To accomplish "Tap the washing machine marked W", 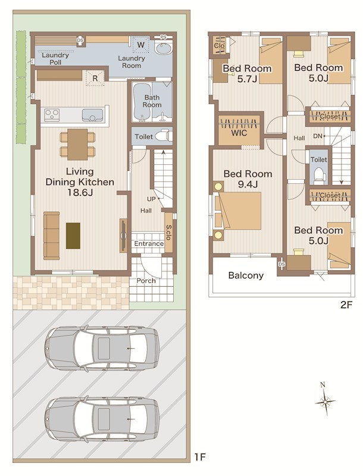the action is click(x=140, y=45).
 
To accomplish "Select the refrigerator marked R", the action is click(x=95, y=79).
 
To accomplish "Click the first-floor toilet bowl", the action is click(x=162, y=136).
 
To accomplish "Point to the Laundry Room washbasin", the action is click(x=163, y=48).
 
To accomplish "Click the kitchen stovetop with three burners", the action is click(x=52, y=115).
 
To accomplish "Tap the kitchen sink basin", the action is click(x=92, y=115).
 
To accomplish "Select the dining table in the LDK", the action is click(x=77, y=144).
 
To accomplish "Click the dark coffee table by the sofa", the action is click(x=73, y=236).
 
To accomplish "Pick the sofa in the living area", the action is click(x=52, y=236).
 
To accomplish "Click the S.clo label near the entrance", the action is click(x=169, y=232).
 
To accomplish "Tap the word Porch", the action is click(x=146, y=281).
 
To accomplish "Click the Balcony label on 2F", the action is click(x=246, y=275).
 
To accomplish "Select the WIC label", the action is click(x=239, y=133).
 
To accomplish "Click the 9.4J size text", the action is click(x=248, y=184).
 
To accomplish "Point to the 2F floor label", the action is click(x=346, y=305).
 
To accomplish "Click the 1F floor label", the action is click(x=201, y=456).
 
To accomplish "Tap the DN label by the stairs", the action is click(x=317, y=136).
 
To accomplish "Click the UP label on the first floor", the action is click(x=151, y=199).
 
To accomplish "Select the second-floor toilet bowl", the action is click(x=319, y=174).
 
